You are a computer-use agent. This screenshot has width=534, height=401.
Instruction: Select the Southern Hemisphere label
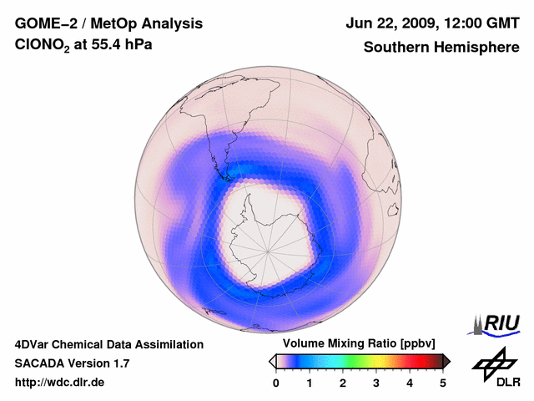(x=440, y=47)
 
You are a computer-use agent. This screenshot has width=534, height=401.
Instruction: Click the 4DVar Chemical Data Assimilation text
(x=108, y=344)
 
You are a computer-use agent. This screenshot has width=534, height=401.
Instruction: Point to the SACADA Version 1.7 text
(x=72, y=363)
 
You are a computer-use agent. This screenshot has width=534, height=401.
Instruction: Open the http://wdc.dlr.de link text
(x=60, y=383)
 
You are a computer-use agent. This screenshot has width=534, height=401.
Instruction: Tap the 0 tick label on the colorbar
(x=276, y=383)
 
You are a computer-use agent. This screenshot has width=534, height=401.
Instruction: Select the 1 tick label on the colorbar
(x=310, y=383)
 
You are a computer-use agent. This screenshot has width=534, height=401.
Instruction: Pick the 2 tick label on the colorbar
(x=343, y=383)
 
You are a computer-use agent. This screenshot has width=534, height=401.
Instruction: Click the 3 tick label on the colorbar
(x=376, y=383)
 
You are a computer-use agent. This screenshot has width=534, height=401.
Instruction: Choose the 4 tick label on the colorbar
(x=410, y=383)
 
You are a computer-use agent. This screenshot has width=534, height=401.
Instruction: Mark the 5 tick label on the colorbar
(x=443, y=383)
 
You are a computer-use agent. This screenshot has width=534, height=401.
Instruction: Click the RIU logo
(x=497, y=323)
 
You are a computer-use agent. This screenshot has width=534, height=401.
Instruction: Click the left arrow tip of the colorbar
(x=271, y=361)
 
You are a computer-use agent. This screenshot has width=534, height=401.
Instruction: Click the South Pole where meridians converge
(x=267, y=249)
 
